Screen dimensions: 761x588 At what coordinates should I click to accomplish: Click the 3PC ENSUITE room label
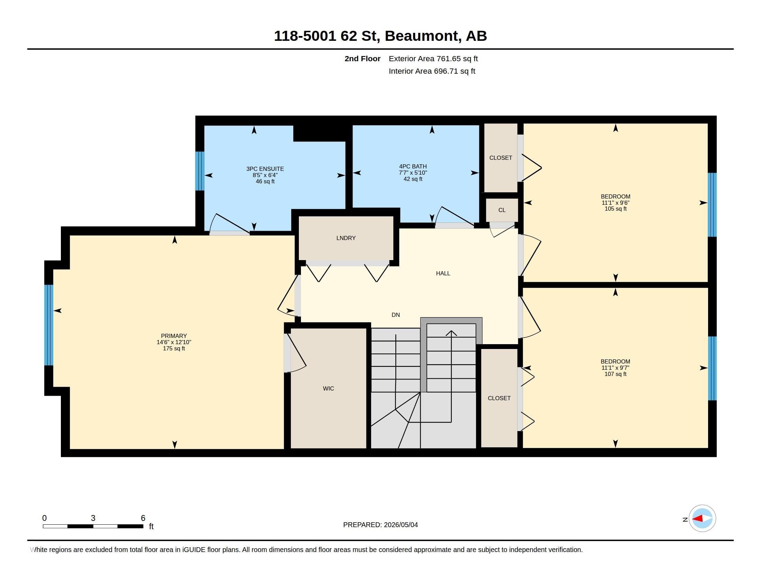point(265,169)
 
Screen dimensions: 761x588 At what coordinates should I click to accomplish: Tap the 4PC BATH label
point(413,166)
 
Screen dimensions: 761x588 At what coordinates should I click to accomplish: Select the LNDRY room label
point(346,238)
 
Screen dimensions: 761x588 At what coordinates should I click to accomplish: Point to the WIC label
point(328,388)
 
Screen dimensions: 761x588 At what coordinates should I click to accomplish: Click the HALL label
point(443,274)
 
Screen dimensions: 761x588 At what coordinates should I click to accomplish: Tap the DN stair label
point(395,315)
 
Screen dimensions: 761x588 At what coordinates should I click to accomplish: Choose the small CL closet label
point(502,210)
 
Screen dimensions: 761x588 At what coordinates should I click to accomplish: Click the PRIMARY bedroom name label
point(174,336)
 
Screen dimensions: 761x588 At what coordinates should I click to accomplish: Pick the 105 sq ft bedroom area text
point(615,209)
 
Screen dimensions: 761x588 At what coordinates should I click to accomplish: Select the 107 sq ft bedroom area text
point(615,374)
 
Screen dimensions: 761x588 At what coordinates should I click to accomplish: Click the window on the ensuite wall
point(200,171)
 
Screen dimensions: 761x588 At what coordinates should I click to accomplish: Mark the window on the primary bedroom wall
point(49,325)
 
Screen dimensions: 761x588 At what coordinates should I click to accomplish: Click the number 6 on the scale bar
point(143,518)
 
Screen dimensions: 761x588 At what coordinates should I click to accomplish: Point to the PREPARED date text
point(380,525)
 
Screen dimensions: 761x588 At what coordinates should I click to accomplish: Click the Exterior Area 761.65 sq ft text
point(433,59)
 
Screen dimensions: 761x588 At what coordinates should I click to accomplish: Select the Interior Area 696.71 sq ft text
point(432,71)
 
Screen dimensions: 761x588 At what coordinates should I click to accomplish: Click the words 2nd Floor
point(363,59)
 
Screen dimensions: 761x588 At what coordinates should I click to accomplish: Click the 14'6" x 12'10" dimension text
point(174,342)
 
